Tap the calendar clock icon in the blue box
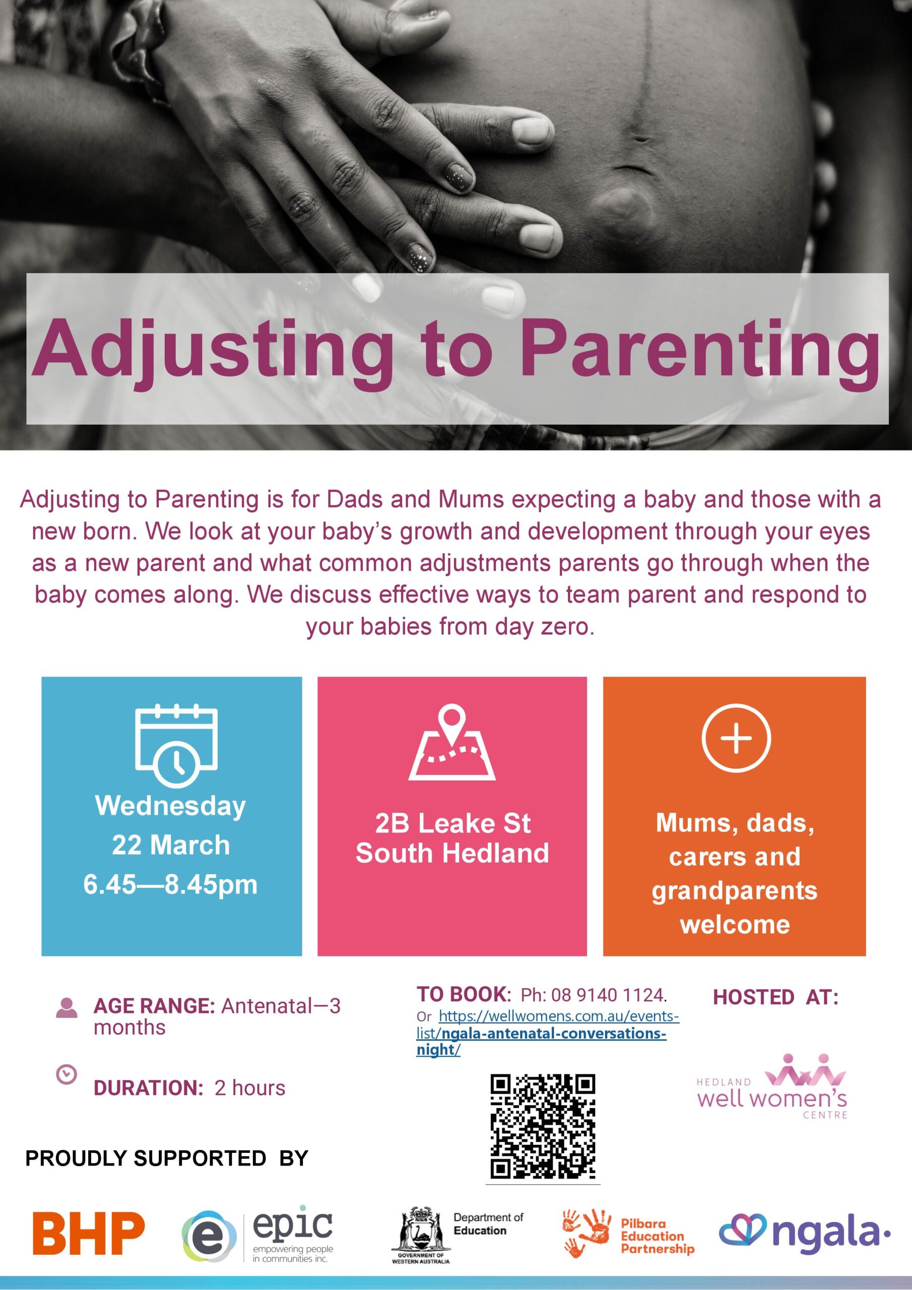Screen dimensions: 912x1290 [176, 744]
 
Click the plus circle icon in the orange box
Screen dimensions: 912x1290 [736, 737]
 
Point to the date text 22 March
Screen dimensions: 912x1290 [171, 845]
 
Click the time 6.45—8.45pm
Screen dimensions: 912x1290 [170, 884]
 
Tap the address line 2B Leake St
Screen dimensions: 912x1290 [452, 824]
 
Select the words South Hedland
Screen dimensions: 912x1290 [452, 853]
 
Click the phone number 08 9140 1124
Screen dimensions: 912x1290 [608, 995]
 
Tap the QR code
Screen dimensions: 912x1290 [542, 1127]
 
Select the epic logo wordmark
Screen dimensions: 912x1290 [293, 1225]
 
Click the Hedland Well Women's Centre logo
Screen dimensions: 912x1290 [771, 1086]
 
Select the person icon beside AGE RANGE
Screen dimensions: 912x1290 [67, 1007]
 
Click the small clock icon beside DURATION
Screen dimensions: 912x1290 [67, 1074]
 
